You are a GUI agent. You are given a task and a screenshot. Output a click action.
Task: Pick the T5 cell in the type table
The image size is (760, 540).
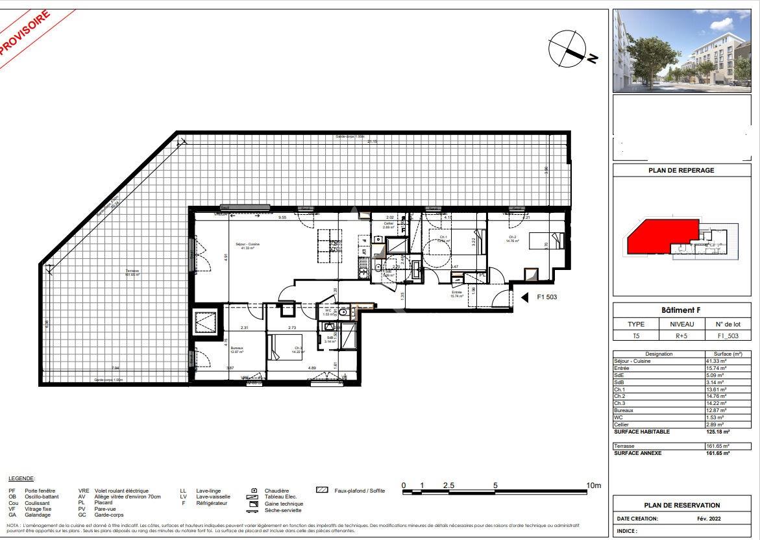(x=636, y=336)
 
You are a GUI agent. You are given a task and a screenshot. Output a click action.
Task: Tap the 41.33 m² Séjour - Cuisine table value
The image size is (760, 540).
(x=717, y=361)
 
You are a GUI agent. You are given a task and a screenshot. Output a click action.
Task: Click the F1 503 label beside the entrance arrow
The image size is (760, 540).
(x=547, y=297)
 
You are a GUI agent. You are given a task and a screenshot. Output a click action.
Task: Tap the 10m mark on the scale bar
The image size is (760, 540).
(x=593, y=485)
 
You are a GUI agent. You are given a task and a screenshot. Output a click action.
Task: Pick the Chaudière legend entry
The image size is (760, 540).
(x=276, y=491)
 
